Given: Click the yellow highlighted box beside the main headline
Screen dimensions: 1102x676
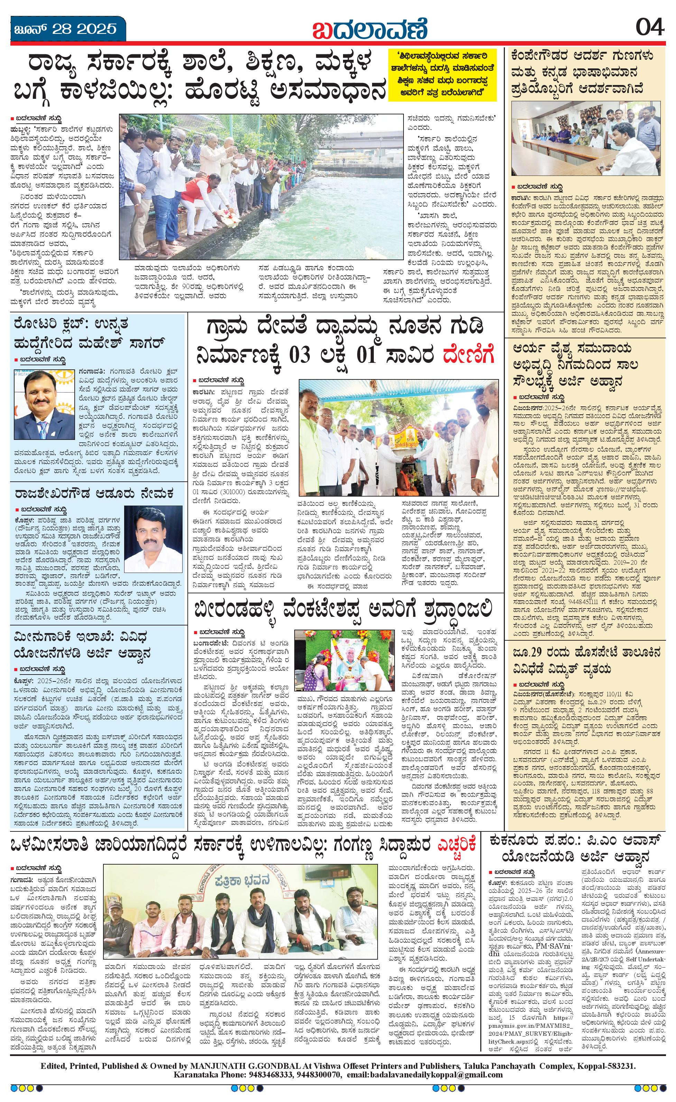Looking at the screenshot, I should click(x=443, y=74).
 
